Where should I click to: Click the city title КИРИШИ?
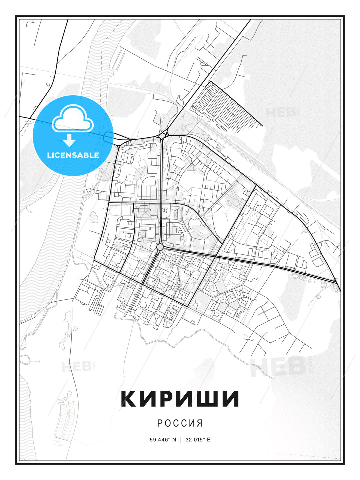[x=180, y=398]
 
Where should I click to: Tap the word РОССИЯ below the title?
[x=180, y=423]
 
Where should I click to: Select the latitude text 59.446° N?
[x=163, y=439]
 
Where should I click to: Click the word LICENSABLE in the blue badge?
[x=73, y=155]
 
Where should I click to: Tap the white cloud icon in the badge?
[x=73, y=118]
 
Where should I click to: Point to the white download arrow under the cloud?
[x=69, y=140]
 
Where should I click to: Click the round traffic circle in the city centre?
[x=160, y=247]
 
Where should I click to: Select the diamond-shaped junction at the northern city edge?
[x=162, y=136]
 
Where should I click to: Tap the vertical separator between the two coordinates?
[x=180, y=439]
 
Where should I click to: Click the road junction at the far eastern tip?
[x=336, y=282]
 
